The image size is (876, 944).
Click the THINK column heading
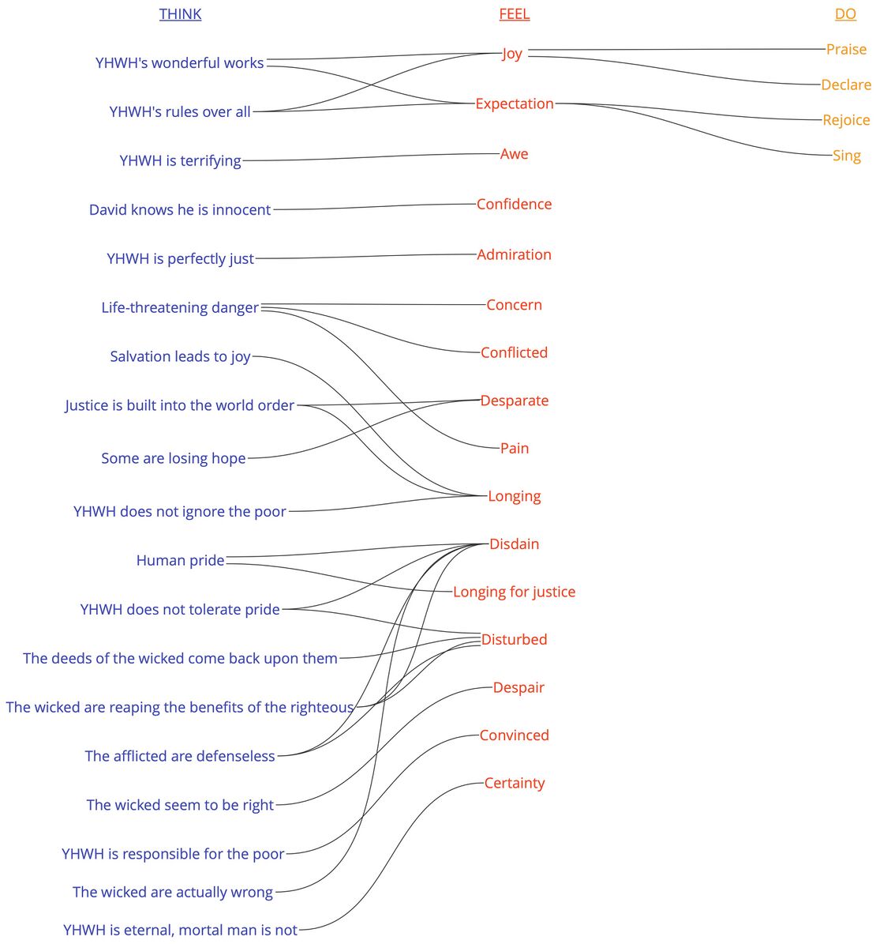tap(180, 14)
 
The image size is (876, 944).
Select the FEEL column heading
tap(514, 14)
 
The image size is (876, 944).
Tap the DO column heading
tap(845, 14)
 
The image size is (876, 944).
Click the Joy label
tap(512, 54)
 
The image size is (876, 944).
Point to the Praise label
tap(846, 49)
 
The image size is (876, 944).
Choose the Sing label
tap(846, 156)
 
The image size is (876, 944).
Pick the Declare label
tap(846, 85)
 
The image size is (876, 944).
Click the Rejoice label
tap(846, 120)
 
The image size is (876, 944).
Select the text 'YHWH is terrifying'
tap(180, 160)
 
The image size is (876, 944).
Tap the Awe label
tap(514, 154)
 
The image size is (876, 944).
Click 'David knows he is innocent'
tap(180, 210)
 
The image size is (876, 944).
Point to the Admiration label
tap(514, 254)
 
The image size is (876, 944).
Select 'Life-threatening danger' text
tap(180, 307)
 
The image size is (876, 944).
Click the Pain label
tap(514, 448)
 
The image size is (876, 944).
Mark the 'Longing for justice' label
tap(514, 592)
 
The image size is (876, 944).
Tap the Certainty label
tap(514, 783)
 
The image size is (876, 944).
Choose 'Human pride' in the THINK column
tap(180, 560)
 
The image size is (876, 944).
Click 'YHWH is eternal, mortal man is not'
tap(180, 930)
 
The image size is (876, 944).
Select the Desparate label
tap(514, 401)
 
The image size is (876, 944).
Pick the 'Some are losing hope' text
tap(174, 458)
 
